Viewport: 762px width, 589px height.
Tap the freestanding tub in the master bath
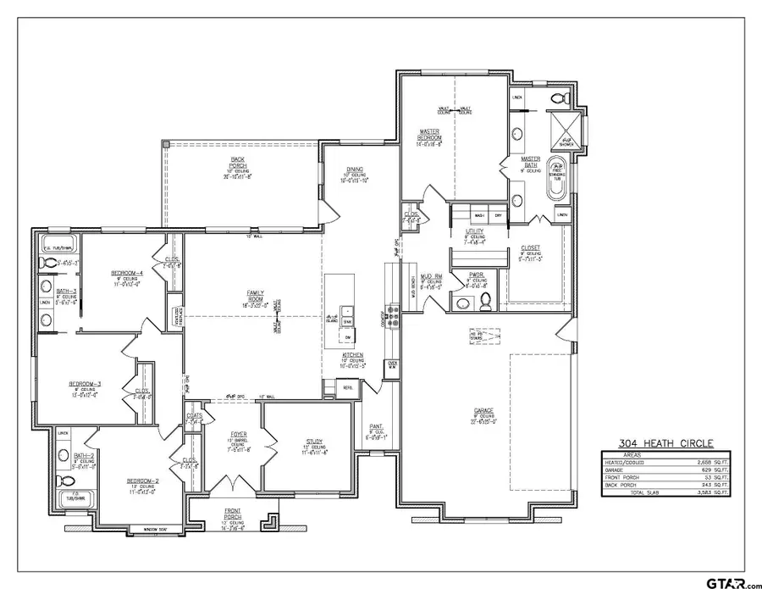[556, 179]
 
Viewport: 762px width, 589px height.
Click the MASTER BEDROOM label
[428, 136]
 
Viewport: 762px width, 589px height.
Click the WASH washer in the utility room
[467, 216]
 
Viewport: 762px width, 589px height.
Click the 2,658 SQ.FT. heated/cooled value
[715, 463]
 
